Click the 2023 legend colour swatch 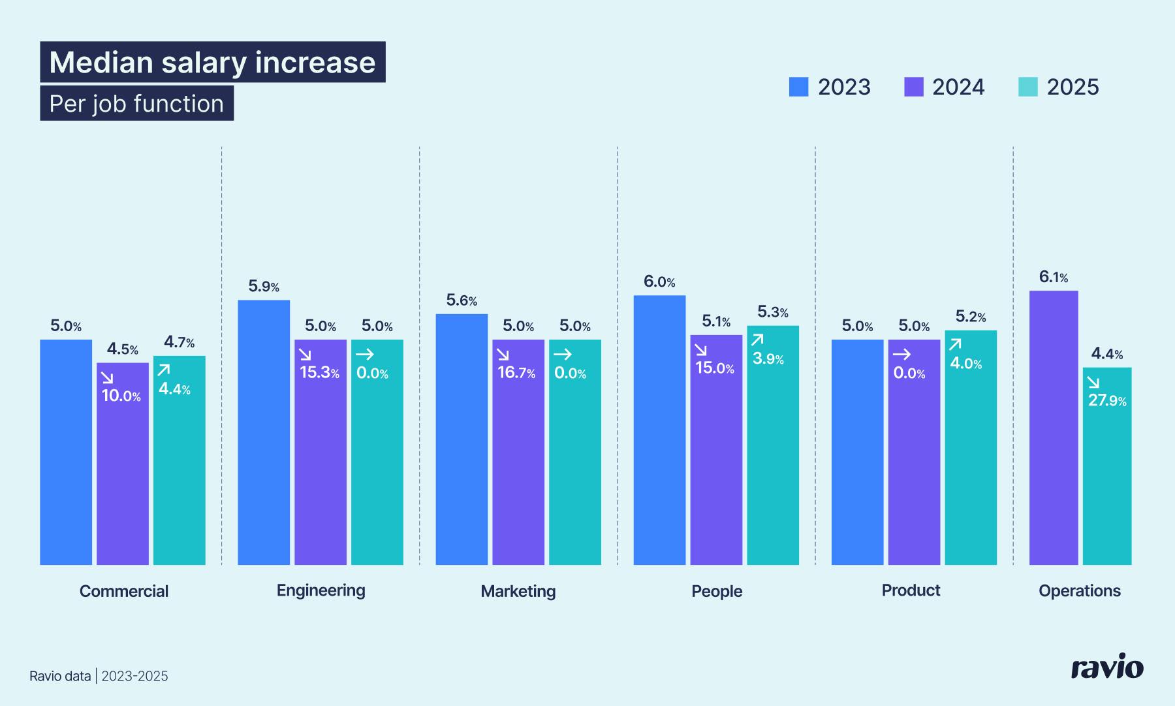point(798,87)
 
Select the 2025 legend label point(1073,87)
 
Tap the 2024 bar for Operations point(1054,428)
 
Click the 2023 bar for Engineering point(264,432)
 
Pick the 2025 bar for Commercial point(180,460)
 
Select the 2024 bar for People point(716,451)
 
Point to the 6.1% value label point(1054,277)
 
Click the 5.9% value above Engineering point(264,286)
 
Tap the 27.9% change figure point(1107,400)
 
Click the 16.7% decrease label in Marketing point(516,373)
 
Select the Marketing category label point(518,591)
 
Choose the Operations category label point(1080,591)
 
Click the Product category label point(911,590)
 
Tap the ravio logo point(1107,667)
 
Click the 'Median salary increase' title point(212,63)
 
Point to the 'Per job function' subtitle point(136,104)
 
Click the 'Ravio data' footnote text point(60,676)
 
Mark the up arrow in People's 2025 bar point(757,340)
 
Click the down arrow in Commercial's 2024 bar point(108,377)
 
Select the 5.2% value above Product point(971,317)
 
